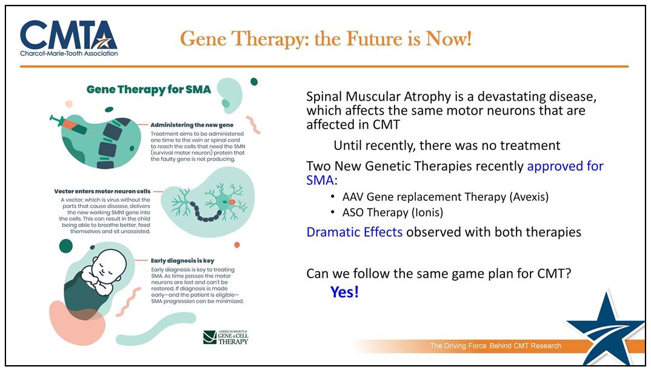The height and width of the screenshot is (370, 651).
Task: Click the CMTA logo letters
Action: (x=68, y=35)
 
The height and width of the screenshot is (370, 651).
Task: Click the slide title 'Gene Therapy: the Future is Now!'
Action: (x=326, y=39)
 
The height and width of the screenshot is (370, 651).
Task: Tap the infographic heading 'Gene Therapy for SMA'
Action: (x=149, y=90)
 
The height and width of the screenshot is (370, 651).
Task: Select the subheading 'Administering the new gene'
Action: (x=192, y=124)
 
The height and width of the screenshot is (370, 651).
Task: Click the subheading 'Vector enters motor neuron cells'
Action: (x=102, y=192)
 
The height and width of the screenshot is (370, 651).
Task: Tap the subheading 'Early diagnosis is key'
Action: (x=182, y=261)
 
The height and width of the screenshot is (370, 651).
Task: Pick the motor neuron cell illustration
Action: (x=209, y=203)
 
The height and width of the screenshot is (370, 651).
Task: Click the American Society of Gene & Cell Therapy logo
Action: (x=225, y=337)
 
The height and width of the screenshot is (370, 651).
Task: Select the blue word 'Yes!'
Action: (x=345, y=292)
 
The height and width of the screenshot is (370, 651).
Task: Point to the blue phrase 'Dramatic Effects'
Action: (x=355, y=232)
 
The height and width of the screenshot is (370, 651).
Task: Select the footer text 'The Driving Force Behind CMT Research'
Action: (x=495, y=346)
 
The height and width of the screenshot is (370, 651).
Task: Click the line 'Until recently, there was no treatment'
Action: (x=447, y=146)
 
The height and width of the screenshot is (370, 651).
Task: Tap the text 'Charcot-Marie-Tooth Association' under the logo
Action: (x=69, y=53)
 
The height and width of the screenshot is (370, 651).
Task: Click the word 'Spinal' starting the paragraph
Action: (x=324, y=97)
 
